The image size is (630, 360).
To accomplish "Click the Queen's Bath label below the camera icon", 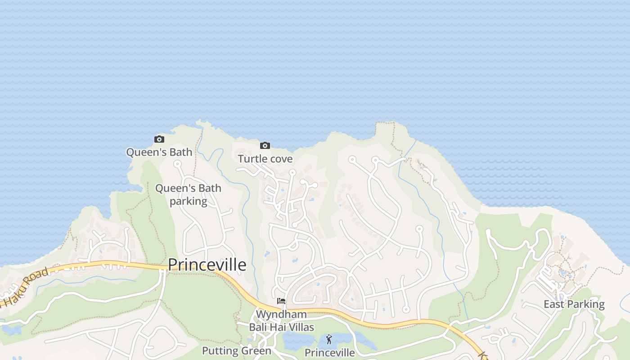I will click(x=159, y=152).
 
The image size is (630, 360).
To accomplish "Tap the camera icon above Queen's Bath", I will click(x=159, y=139).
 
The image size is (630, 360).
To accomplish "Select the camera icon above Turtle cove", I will click(x=265, y=145).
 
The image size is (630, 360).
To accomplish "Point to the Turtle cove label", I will click(x=265, y=159).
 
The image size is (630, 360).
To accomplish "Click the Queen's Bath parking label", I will click(x=188, y=194).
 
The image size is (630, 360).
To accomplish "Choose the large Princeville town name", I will click(x=207, y=265).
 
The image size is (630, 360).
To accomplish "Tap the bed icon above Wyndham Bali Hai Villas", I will click(x=281, y=301).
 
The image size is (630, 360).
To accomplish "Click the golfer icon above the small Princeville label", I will click(x=329, y=339).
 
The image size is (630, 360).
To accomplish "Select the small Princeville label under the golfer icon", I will click(x=329, y=352).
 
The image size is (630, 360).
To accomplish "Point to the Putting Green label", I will click(x=236, y=351).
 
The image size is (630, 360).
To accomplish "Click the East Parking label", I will click(x=574, y=304).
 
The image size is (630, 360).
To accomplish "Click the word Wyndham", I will click(x=281, y=314).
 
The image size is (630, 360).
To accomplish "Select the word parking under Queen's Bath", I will click(x=188, y=201).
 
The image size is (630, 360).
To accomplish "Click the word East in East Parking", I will click(x=554, y=304).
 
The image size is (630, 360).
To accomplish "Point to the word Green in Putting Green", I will click(x=256, y=351).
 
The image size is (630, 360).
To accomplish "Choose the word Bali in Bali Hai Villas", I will click(x=259, y=327).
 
